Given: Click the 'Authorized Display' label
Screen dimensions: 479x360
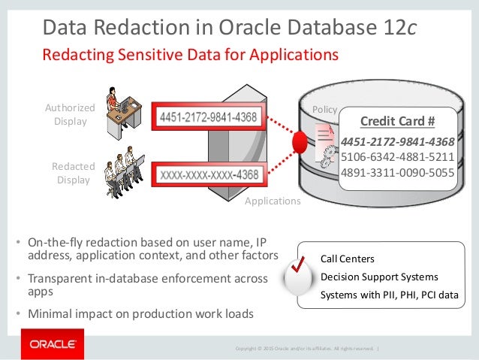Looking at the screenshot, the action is point(70,114).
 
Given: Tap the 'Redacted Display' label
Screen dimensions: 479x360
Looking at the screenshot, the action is point(73,173).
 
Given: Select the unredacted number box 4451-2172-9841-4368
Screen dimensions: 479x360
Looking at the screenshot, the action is point(208,117).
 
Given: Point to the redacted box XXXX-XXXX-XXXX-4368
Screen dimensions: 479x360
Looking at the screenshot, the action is point(208,175).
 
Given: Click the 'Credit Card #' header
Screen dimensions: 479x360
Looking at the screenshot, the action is point(398,122).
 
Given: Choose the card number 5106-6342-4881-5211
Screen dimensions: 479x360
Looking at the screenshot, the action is point(397,157).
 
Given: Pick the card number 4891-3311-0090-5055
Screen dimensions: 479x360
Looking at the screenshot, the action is point(397,171).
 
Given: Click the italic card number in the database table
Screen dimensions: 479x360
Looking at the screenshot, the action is point(397,142).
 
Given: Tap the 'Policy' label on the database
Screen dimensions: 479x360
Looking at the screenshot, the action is point(324,110).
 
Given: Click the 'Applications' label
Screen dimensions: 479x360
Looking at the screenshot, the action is point(273,201).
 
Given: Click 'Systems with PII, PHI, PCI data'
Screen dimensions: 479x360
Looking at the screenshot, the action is point(388,295).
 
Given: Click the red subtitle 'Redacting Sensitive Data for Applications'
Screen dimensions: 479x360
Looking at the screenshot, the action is point(190,55).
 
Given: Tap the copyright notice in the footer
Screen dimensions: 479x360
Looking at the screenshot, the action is point(305,348).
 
